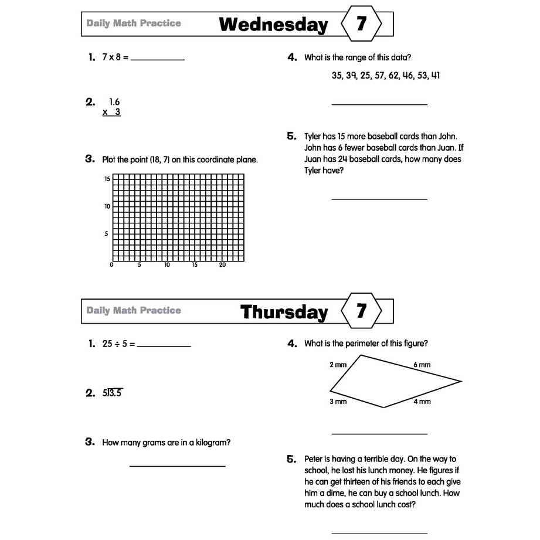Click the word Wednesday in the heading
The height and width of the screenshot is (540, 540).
click(x=273, y=25)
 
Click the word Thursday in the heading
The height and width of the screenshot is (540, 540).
click(x=284, y=312)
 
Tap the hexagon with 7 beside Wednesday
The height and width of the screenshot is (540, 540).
click(x=361, y=24)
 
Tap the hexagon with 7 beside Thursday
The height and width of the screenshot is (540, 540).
click(x=361, y=311)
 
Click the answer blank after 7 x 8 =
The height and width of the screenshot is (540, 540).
click(x=158, y=59)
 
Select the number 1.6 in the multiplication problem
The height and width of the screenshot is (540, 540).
click(x=114, y=102)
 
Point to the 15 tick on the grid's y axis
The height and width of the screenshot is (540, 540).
click(x=107, y=179)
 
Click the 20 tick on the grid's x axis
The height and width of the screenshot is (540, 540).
click(x=222, y=265)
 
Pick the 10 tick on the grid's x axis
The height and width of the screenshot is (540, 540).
click(x=167, y=265)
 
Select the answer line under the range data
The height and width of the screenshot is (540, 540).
click(x=379, y=104)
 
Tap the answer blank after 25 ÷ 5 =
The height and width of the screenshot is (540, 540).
click(x=164, y=345)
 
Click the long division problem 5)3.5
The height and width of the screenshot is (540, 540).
click(x=113, y=393)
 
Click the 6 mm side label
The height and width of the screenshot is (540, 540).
click(x=422, y=365)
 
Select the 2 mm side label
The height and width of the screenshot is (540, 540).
click(x=338, y=365)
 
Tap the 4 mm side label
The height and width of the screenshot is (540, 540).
click(x=422, y=402)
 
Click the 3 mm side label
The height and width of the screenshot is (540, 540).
click(x=338, y=402)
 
